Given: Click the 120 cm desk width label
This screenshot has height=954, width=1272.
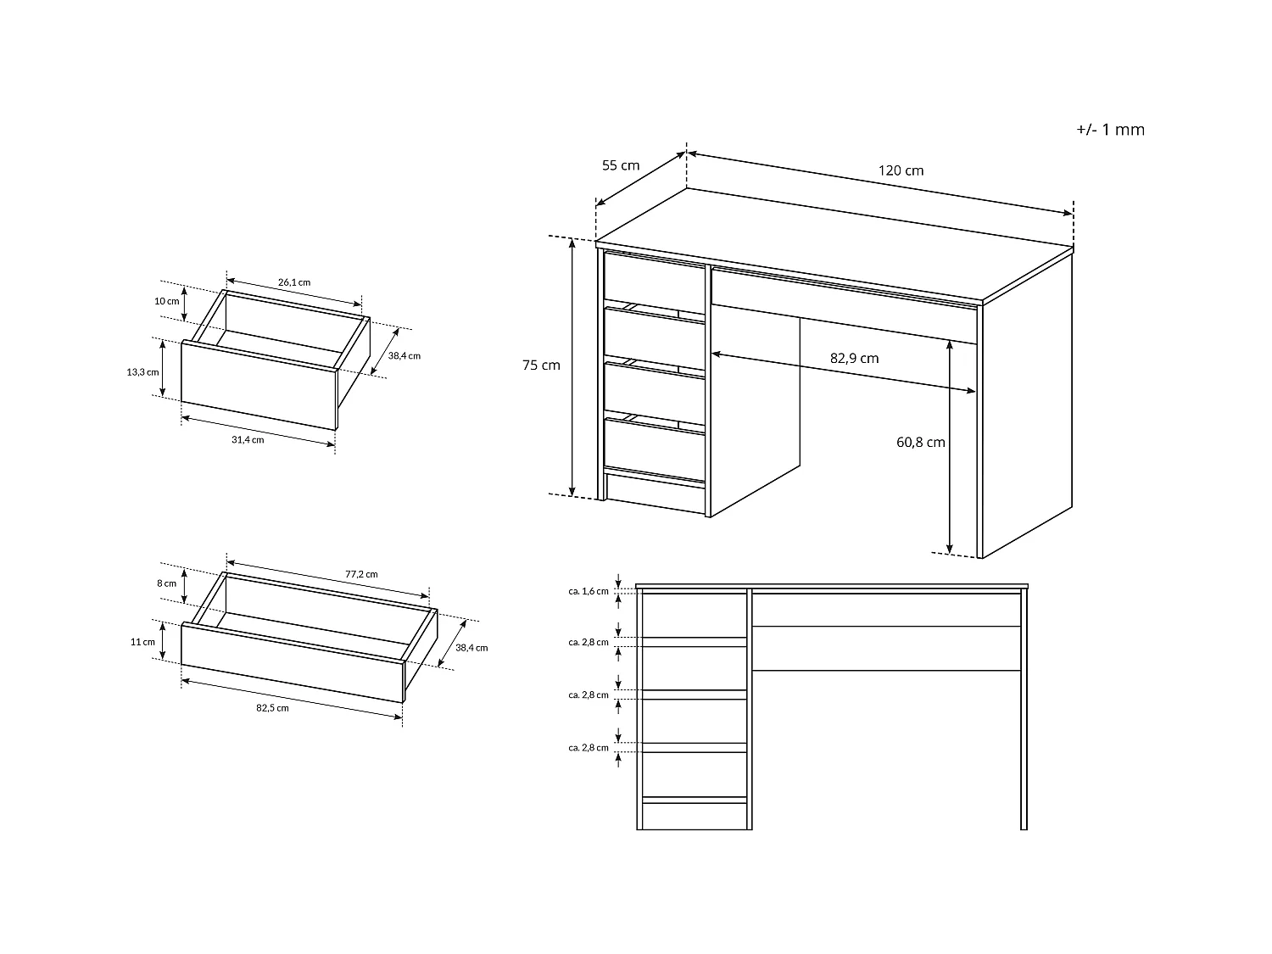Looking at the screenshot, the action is (x=901, y=170).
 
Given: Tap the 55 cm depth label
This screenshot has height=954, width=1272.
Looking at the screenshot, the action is (x=621, y=165).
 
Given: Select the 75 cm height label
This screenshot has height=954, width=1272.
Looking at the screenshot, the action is (x=541, y=365).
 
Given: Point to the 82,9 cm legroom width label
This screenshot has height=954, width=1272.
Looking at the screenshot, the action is (x=854, y=358).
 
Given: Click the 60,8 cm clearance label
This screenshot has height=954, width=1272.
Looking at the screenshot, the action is (x=920, y=442).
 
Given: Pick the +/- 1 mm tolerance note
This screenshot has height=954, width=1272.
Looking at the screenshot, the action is (x=1110, y=129).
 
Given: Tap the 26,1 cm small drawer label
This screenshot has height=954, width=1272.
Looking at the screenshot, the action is (x=294, y=282).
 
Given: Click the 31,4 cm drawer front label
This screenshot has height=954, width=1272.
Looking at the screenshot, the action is (x=248, y=439).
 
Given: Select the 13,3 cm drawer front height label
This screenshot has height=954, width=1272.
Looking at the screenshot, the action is (x=142, y=372).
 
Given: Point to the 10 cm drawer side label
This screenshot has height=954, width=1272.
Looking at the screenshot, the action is (x=166, y=301).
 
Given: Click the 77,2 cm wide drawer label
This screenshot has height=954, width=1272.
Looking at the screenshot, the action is (x=361, y=574).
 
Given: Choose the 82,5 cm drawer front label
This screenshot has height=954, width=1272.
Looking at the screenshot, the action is (x=272, y=708).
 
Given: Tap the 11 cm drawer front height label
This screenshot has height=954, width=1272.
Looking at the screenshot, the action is (x=142, y=642).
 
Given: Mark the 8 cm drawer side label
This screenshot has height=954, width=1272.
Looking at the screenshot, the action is (x=166, y=583).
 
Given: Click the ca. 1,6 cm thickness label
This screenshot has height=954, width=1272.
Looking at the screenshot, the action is (x=589, y=591).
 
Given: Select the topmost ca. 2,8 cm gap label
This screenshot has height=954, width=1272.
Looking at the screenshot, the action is (x=589, y=642).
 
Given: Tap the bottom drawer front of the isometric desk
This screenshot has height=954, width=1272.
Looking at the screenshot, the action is (x=655, y=444).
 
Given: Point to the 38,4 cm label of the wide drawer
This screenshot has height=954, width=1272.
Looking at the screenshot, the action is (x=471, y=648).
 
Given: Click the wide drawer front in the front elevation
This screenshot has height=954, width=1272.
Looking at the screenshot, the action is (x=886, y=610).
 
